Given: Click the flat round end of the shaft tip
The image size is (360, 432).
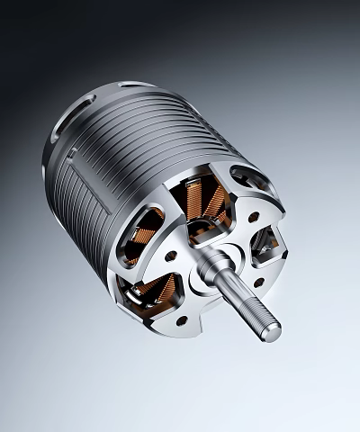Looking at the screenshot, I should tap(274, 333).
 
